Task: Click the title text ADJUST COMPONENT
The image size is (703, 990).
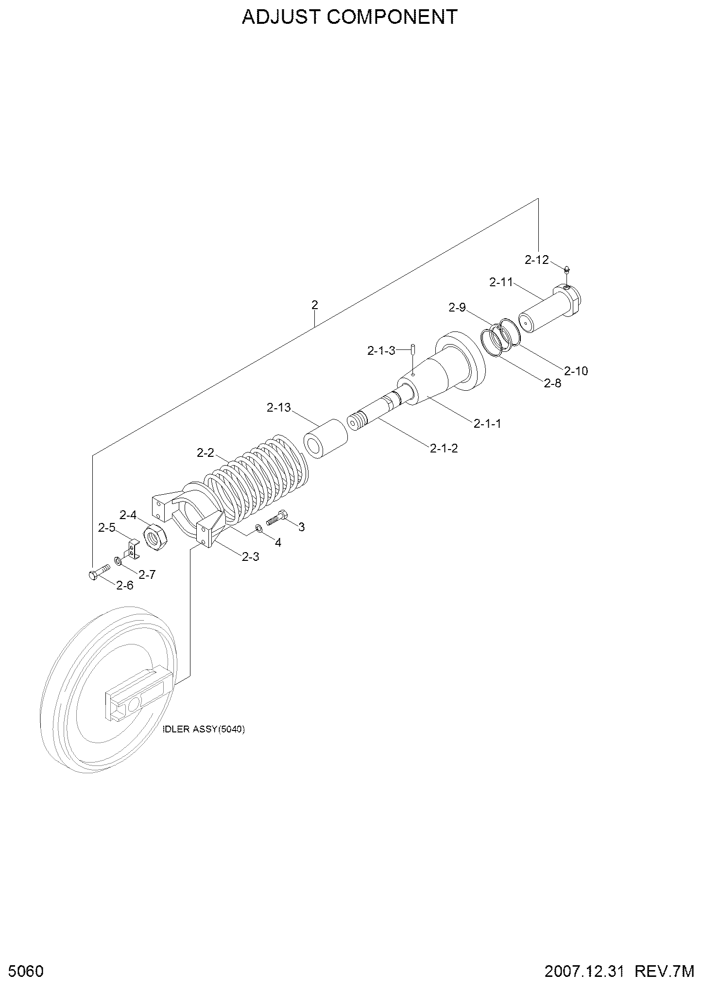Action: [350, 17]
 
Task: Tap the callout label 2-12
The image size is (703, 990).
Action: [536, 260]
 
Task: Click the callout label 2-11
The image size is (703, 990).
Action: [501, 282]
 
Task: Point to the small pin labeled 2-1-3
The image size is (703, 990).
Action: [412, 349]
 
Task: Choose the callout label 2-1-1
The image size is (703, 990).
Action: [487, 423]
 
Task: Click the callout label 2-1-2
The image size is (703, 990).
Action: [444, 448]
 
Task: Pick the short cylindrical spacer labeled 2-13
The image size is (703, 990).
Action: [325, 439]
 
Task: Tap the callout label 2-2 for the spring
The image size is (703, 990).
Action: [206, 453]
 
